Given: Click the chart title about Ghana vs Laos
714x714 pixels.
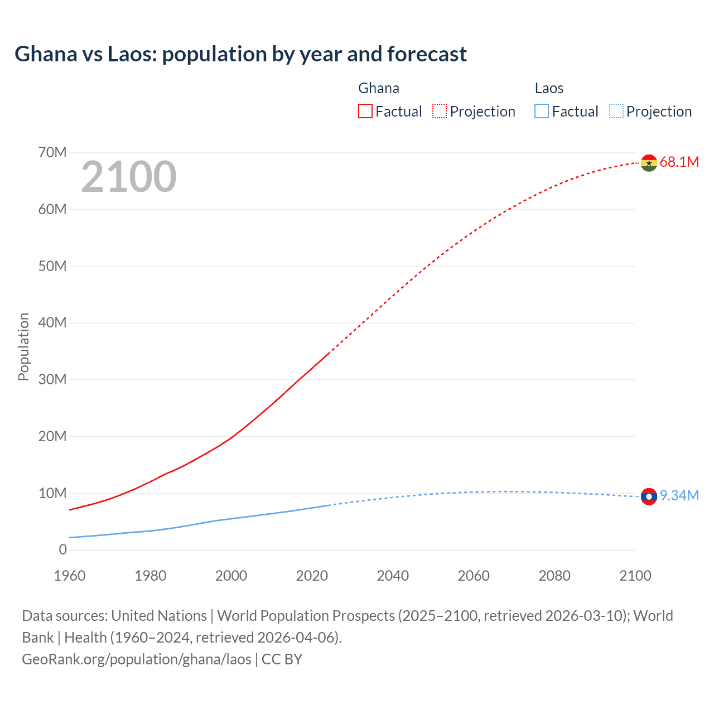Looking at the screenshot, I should (240, 54).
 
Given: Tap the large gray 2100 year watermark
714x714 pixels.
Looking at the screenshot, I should (129, 177).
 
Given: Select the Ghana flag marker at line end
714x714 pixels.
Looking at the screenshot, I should (649, 163).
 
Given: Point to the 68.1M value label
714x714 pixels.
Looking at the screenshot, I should (679, 162).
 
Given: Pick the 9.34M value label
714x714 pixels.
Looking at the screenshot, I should (679, 496).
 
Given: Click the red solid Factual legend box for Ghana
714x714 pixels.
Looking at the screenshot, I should (365, 112).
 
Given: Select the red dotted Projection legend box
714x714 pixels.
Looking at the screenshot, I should (440, 112).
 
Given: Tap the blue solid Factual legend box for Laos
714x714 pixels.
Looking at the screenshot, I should (542, 112).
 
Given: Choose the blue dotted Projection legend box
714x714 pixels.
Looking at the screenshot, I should (616, 112).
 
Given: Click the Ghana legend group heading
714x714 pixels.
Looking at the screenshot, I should (379, 88).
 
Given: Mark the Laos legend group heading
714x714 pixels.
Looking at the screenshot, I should (549, 88).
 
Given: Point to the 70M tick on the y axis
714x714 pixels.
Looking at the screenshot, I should (52, 152).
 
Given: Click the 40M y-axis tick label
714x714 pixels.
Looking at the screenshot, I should (52, 322).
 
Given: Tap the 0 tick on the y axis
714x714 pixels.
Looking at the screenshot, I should (62, 549).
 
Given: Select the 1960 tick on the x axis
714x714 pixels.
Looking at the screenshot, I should (70, 576).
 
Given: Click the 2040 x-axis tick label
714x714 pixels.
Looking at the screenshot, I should (393, 576).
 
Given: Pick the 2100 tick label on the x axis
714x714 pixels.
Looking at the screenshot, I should (635, 576).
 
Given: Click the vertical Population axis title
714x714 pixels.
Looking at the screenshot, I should (23, 346).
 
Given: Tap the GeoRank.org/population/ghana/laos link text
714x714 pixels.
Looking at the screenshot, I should (137, 659).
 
